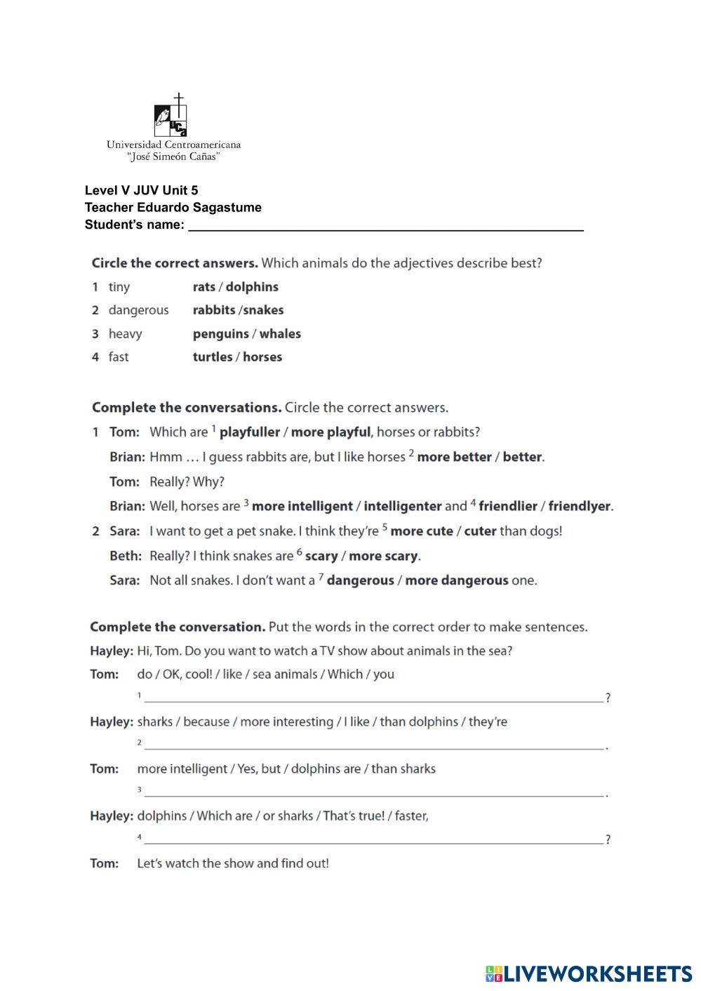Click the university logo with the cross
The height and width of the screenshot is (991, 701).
171,116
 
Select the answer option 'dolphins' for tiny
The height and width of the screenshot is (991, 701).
252,287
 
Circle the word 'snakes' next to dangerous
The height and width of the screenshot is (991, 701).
264,310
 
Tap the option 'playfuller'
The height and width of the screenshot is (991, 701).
250,432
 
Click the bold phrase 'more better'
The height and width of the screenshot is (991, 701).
454,457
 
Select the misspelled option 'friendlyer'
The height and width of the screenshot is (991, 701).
580,506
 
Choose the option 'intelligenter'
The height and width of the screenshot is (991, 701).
403,506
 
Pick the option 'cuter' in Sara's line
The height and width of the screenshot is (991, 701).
481,531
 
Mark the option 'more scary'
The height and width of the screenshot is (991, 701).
384,556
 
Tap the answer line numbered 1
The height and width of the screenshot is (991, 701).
372,699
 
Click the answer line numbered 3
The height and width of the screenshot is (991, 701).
372,794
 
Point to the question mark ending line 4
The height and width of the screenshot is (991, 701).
608,839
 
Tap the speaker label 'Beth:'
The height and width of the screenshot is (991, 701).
127,556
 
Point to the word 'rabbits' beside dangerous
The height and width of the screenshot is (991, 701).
214,310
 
